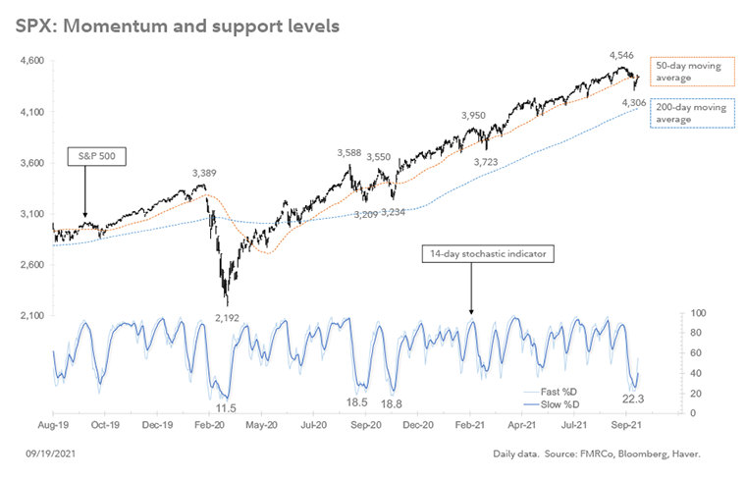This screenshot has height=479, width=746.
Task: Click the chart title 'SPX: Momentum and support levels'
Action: [178, 26]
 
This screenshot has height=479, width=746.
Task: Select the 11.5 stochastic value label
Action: [226, 407]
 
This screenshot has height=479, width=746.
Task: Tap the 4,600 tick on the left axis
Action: [32, 61]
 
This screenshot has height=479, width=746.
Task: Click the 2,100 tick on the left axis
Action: [32, 316]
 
